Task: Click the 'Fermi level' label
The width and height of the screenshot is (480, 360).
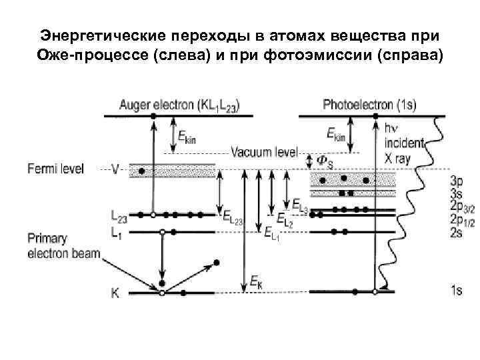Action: pos(56,169)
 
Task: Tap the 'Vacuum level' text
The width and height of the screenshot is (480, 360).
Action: pos(264,152)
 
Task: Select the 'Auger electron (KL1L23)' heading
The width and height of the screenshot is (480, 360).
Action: pos(180,105)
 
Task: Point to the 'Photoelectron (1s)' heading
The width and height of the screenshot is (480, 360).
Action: pos(369,105)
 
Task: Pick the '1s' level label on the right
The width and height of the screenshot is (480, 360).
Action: pos(457,291)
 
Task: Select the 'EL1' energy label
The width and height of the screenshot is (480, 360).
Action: pos(272,233)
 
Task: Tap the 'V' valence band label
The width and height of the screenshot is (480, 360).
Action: pos(115,169)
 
